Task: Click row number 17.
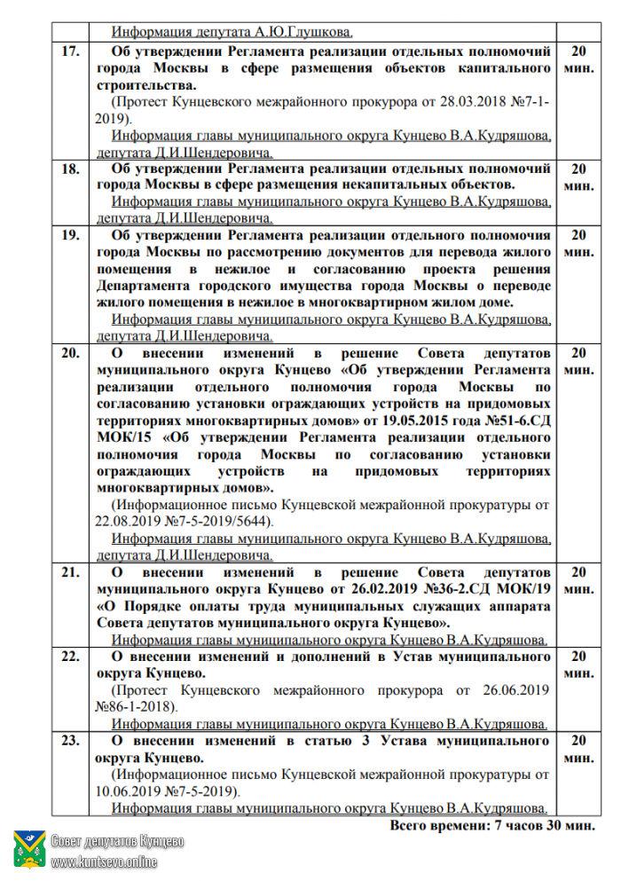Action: coord(69,51)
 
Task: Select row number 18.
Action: coord(69,169)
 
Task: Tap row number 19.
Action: coord(69,236)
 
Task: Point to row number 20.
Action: coord(69,353)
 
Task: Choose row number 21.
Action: coord(69,572)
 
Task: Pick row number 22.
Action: coord(69,657)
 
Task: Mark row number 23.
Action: coord(69,741)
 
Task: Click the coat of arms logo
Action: coord(29,849)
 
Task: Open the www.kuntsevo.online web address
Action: coord(104,861)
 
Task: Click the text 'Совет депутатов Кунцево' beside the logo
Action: coord(117,840)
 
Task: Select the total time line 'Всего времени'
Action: coord(491,825)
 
